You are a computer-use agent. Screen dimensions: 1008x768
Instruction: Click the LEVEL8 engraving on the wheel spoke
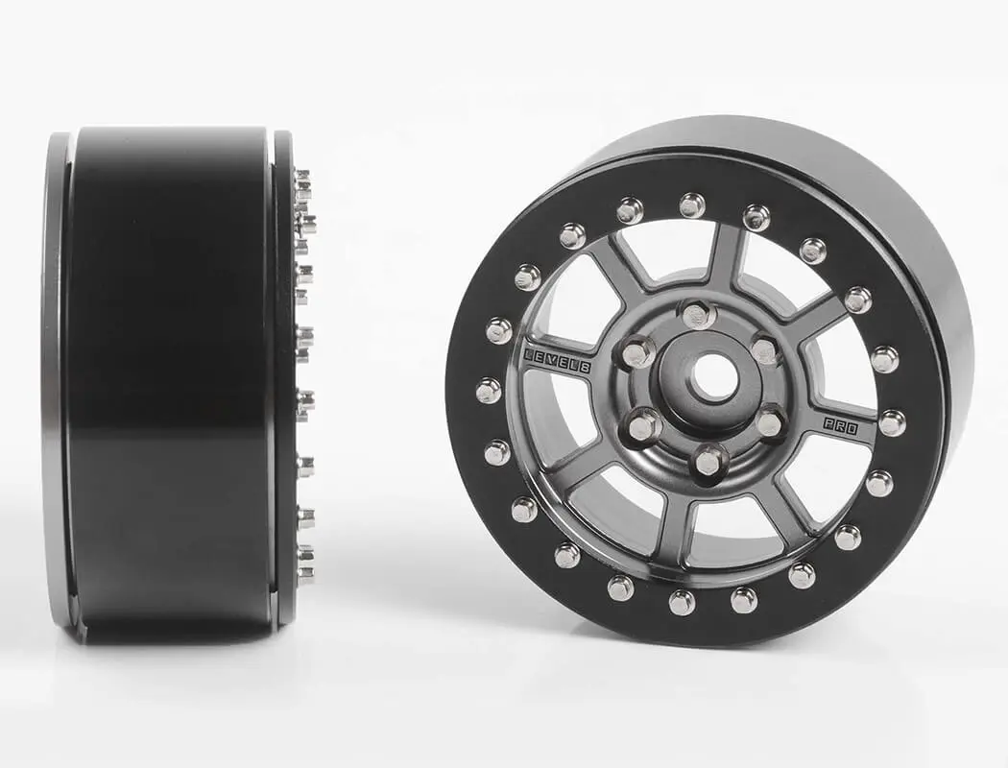pos(558,361)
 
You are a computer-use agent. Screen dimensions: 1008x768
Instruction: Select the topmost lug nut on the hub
pos(697,314)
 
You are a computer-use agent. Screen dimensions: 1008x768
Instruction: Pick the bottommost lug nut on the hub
pos(707,461)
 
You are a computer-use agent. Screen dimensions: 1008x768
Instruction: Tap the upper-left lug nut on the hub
pos(636,352)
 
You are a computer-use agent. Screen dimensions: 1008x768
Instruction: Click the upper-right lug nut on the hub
pos(765,350)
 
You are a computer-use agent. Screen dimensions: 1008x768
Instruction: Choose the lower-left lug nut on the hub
pos(643,425)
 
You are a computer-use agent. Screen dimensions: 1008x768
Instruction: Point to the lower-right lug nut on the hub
pos(769,422)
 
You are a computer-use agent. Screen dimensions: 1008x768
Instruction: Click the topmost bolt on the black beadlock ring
pos(692,205)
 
